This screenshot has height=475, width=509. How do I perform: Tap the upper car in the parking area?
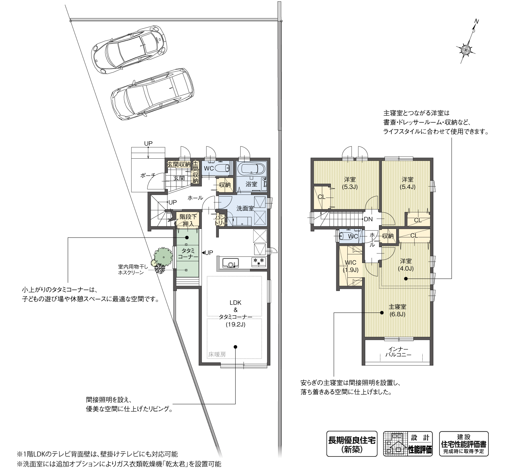click(129, 49)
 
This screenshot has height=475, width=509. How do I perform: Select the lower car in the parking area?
click(152, 95)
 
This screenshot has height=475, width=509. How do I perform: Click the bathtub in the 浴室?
click(251, 169)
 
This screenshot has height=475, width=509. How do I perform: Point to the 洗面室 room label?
click(245, 208)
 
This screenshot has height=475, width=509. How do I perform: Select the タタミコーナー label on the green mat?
click(188, 254)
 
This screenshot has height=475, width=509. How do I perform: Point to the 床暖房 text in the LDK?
click(217, 354)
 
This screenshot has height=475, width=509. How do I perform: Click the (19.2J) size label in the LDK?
click(236, 324)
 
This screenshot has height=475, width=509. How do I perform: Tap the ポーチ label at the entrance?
click(148, 175)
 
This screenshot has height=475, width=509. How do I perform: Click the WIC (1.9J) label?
click(350, 266)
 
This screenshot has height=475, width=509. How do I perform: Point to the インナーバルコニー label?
click(398, 351)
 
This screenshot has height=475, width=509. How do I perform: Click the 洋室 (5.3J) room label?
click(350, 183)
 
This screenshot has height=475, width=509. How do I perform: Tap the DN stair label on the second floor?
click(368, 219)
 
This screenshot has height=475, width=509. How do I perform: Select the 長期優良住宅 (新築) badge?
click(351, 444)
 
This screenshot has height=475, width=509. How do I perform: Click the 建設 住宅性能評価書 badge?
click(464, 444)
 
